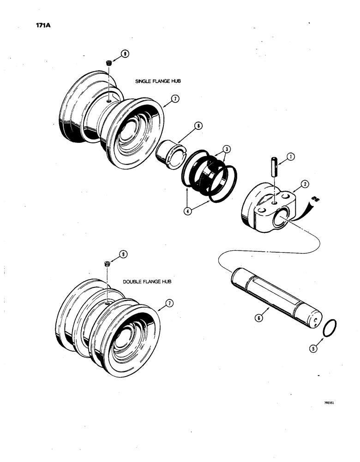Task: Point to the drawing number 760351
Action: [329, 402]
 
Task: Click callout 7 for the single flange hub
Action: [175, 98]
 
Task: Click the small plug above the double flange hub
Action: [108, 264]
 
